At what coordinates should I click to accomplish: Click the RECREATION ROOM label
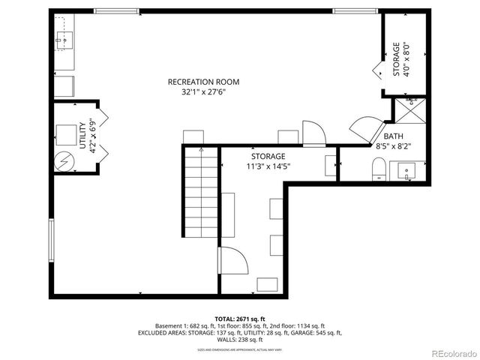(x=202, y=81)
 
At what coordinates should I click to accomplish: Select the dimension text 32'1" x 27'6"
(x=202, y=92)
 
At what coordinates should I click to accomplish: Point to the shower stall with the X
(x=410, y=111)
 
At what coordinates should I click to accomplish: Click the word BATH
(x=393, y=136)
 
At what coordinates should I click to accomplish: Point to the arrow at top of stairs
(x=200, y=150)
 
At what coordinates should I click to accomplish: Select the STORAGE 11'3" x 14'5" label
(x=268, y=160)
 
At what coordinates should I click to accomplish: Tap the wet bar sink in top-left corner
(x=66, y=38)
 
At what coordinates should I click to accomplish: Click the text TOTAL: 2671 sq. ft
(x=239, y=319)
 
